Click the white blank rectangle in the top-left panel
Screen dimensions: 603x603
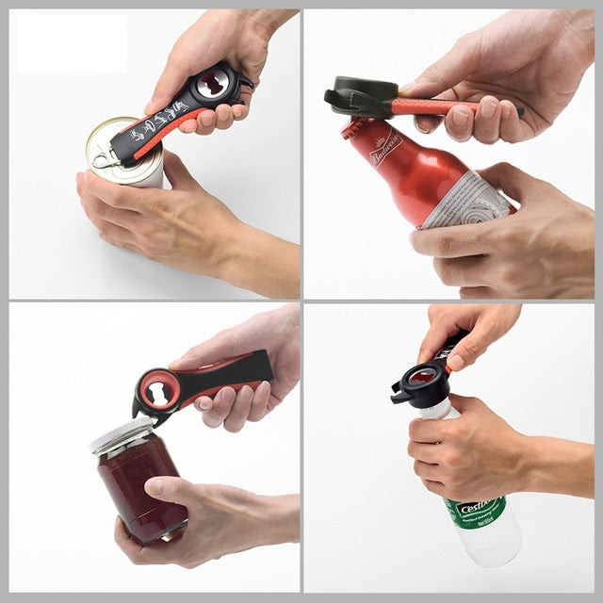(71, 42)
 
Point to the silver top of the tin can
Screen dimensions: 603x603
(118, 141)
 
